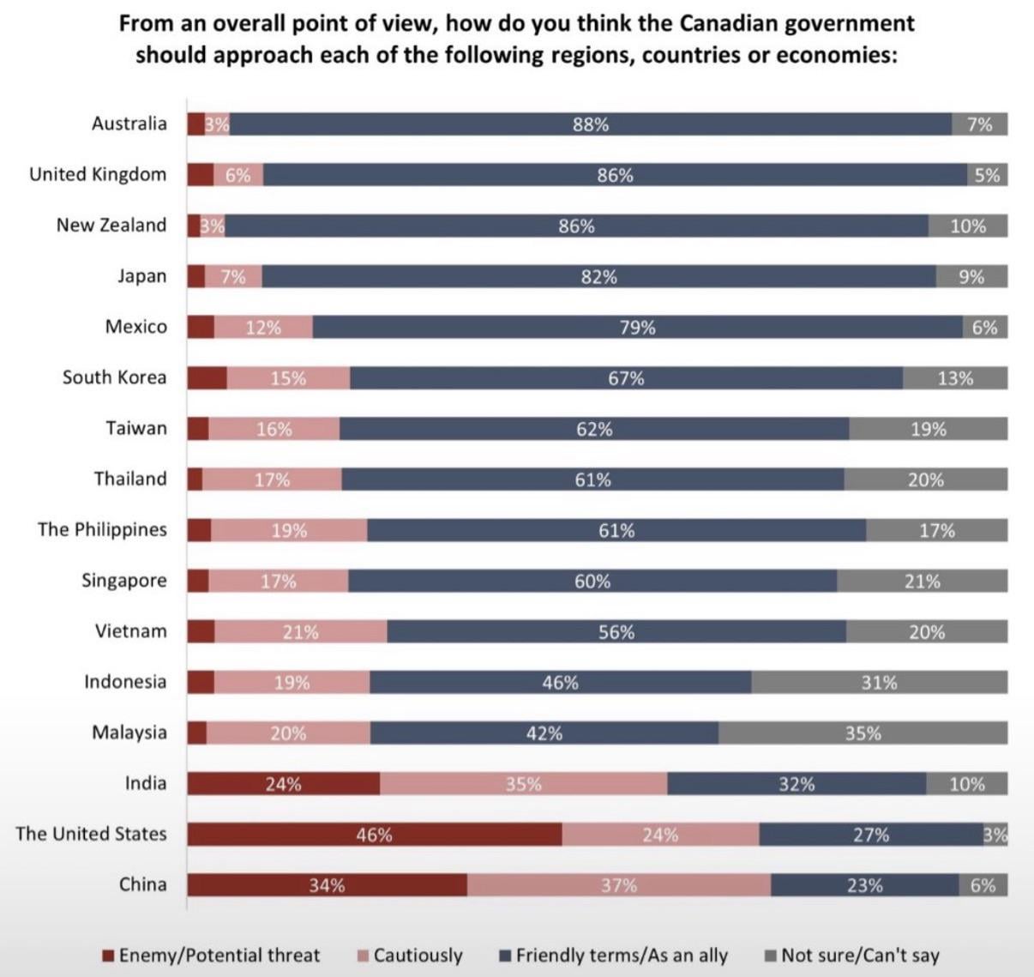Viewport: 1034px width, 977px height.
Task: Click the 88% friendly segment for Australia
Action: (590, 124)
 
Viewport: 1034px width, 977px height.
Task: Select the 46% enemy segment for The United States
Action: (375, 835)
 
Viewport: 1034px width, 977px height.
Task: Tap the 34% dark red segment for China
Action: (328, 885)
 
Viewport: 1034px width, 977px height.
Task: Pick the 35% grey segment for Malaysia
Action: (863, 733)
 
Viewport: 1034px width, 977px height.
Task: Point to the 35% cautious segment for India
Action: (523, 784)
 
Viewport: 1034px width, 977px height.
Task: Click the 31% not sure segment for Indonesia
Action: (879, 683)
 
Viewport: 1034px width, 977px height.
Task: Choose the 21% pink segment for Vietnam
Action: (300, 632)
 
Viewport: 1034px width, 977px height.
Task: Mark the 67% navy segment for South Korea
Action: (626, 378)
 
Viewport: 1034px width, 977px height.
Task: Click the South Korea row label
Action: (114, 377)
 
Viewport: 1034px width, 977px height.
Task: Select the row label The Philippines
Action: (102, 529)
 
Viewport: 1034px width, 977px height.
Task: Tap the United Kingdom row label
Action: (98, 174)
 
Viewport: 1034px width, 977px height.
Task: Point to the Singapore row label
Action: (124, 581)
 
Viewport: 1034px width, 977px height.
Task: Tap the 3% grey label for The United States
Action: (995, 835)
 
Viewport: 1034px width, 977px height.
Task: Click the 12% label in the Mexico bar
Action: (263, 328)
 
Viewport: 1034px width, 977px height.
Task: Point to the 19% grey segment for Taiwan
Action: (929, 429)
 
